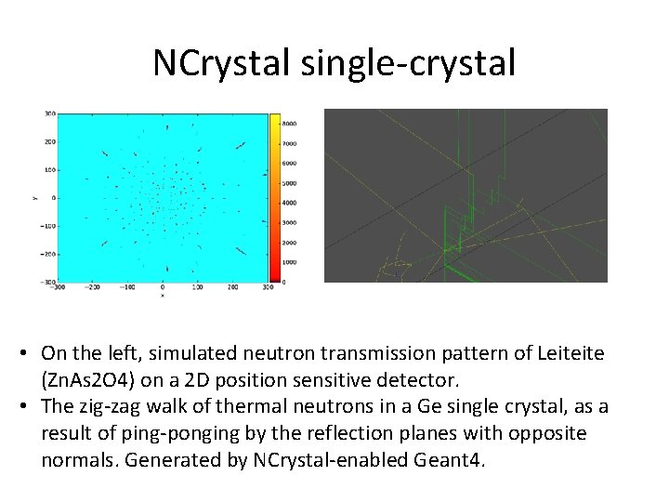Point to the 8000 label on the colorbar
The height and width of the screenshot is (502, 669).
(x=290, y=123)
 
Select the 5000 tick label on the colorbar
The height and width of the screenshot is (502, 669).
(x=290, y=182)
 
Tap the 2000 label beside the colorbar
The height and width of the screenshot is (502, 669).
(x=290, y=242)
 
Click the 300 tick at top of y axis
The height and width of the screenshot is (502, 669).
(x=49, y=113)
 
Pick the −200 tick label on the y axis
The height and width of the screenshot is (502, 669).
(x=46, y=254)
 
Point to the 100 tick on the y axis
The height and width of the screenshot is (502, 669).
(x=49, y=170)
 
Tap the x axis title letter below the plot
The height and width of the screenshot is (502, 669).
(x=163, y=297)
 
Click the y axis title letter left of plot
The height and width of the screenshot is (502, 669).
(x=34, y=198)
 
